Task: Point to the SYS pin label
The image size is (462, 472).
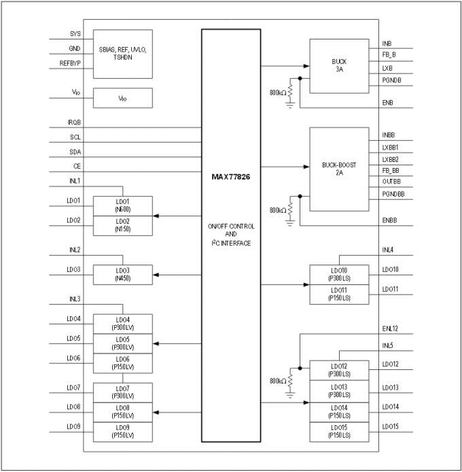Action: coord(75,34)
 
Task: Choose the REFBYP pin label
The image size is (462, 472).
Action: coord(70,64)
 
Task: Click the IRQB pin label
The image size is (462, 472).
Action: coord(74,122)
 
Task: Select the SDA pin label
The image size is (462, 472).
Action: coord(75,152)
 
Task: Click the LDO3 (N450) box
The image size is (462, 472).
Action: coord(122,274)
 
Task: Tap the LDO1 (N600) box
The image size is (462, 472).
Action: coord(122,205)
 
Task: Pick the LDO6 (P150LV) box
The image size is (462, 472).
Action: coord(122,363)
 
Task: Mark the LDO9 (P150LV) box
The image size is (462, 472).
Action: coord(122,431)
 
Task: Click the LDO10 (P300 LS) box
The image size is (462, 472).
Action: coord(339,274)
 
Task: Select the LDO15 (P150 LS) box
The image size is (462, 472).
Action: coord(339,431)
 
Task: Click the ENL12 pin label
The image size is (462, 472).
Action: coord(391,328)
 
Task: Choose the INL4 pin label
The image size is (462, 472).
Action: coord(388,250)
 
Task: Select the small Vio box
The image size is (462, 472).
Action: coord(122,98)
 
